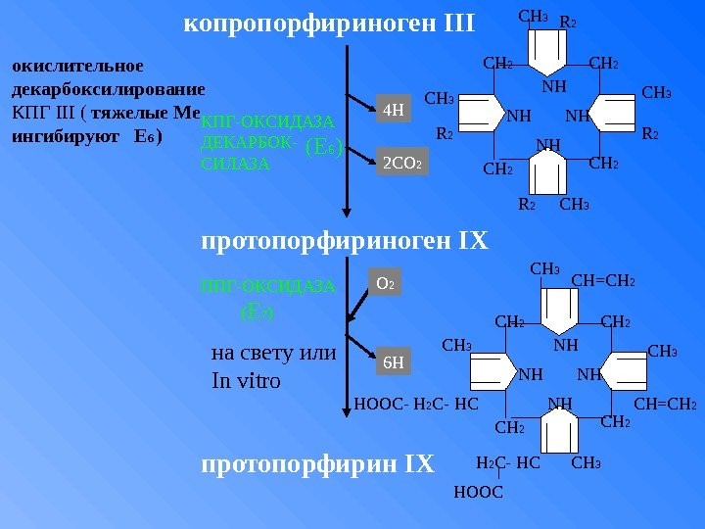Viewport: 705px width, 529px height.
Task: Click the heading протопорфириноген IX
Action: point(344,241)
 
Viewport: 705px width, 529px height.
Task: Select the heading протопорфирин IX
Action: point(317,463)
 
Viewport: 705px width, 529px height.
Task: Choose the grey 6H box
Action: point(393,363)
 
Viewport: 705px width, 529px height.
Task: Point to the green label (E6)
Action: point(322,148)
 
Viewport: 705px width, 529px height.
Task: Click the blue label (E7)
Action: point(258,313)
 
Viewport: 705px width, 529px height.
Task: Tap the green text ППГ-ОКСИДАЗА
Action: point(267,287)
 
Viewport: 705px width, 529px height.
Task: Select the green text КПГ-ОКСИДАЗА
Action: point(267,123)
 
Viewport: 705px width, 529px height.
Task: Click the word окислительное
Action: point(76,67)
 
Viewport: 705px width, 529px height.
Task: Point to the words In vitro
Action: point(246,380)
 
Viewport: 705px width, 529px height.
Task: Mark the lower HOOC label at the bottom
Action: point(479,492)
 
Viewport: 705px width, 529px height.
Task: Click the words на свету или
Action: point(273,353)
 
